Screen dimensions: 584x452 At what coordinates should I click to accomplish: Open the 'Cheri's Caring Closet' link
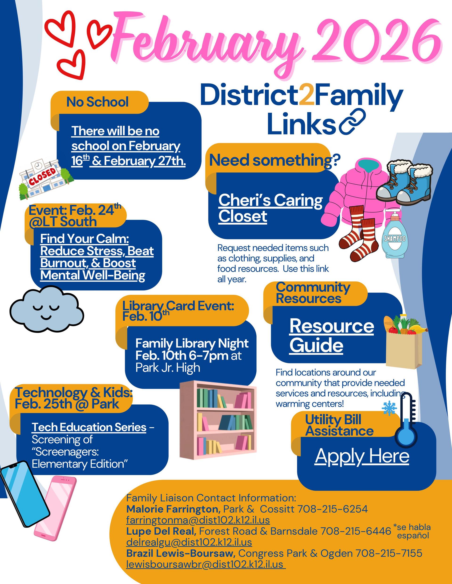tap(270, 208)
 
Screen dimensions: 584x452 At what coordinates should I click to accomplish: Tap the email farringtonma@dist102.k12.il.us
tap(198, 520)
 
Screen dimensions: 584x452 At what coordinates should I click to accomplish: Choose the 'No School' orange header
tap(97, 102)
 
